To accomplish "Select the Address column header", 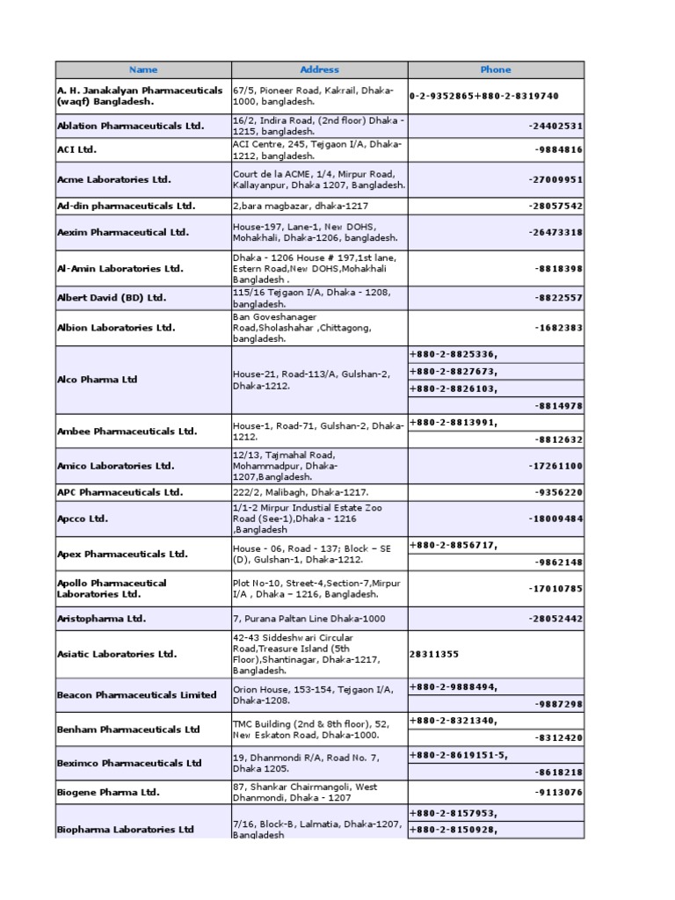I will coord(319,69).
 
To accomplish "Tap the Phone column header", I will coord(496,69).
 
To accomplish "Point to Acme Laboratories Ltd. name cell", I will coord(114,179).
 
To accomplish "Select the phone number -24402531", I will coord(555,126).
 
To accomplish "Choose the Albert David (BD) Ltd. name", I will coord(112,297).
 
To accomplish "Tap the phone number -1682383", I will coord(558,328).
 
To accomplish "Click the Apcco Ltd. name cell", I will coord(83,519).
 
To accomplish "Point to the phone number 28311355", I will coord(434,654).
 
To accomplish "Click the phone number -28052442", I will coord(555,618).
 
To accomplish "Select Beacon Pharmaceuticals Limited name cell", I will coord(136,694).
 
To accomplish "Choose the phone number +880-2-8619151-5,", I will coord(459,754).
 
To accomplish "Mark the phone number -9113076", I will coord(558,792).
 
